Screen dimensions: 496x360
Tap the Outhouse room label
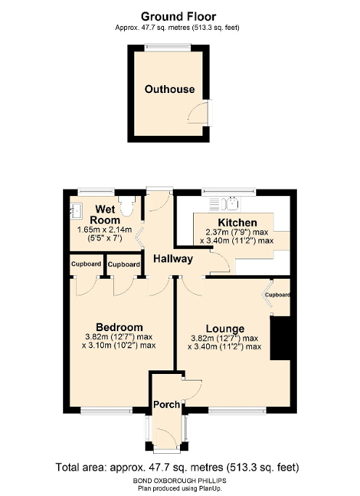(169, 89)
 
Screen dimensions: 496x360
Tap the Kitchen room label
(237, 222)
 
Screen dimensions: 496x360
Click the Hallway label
(172, 259)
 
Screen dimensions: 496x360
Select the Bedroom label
(120, 327)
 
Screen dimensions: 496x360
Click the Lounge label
(224, 328)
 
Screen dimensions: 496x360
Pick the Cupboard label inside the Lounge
(277, 295)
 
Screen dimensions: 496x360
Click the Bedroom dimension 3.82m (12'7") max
(120, 337)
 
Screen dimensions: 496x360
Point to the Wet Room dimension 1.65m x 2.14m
(102, 230)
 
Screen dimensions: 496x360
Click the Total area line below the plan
(177, 467)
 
